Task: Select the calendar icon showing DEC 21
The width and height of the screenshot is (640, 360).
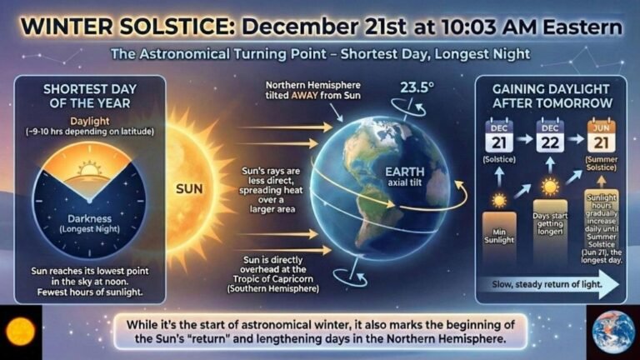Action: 498,137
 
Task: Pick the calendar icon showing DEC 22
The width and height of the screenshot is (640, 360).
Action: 550,137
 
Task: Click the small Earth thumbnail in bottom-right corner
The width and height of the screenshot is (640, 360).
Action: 613,331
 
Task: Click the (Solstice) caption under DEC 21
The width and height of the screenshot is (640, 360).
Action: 498,158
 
